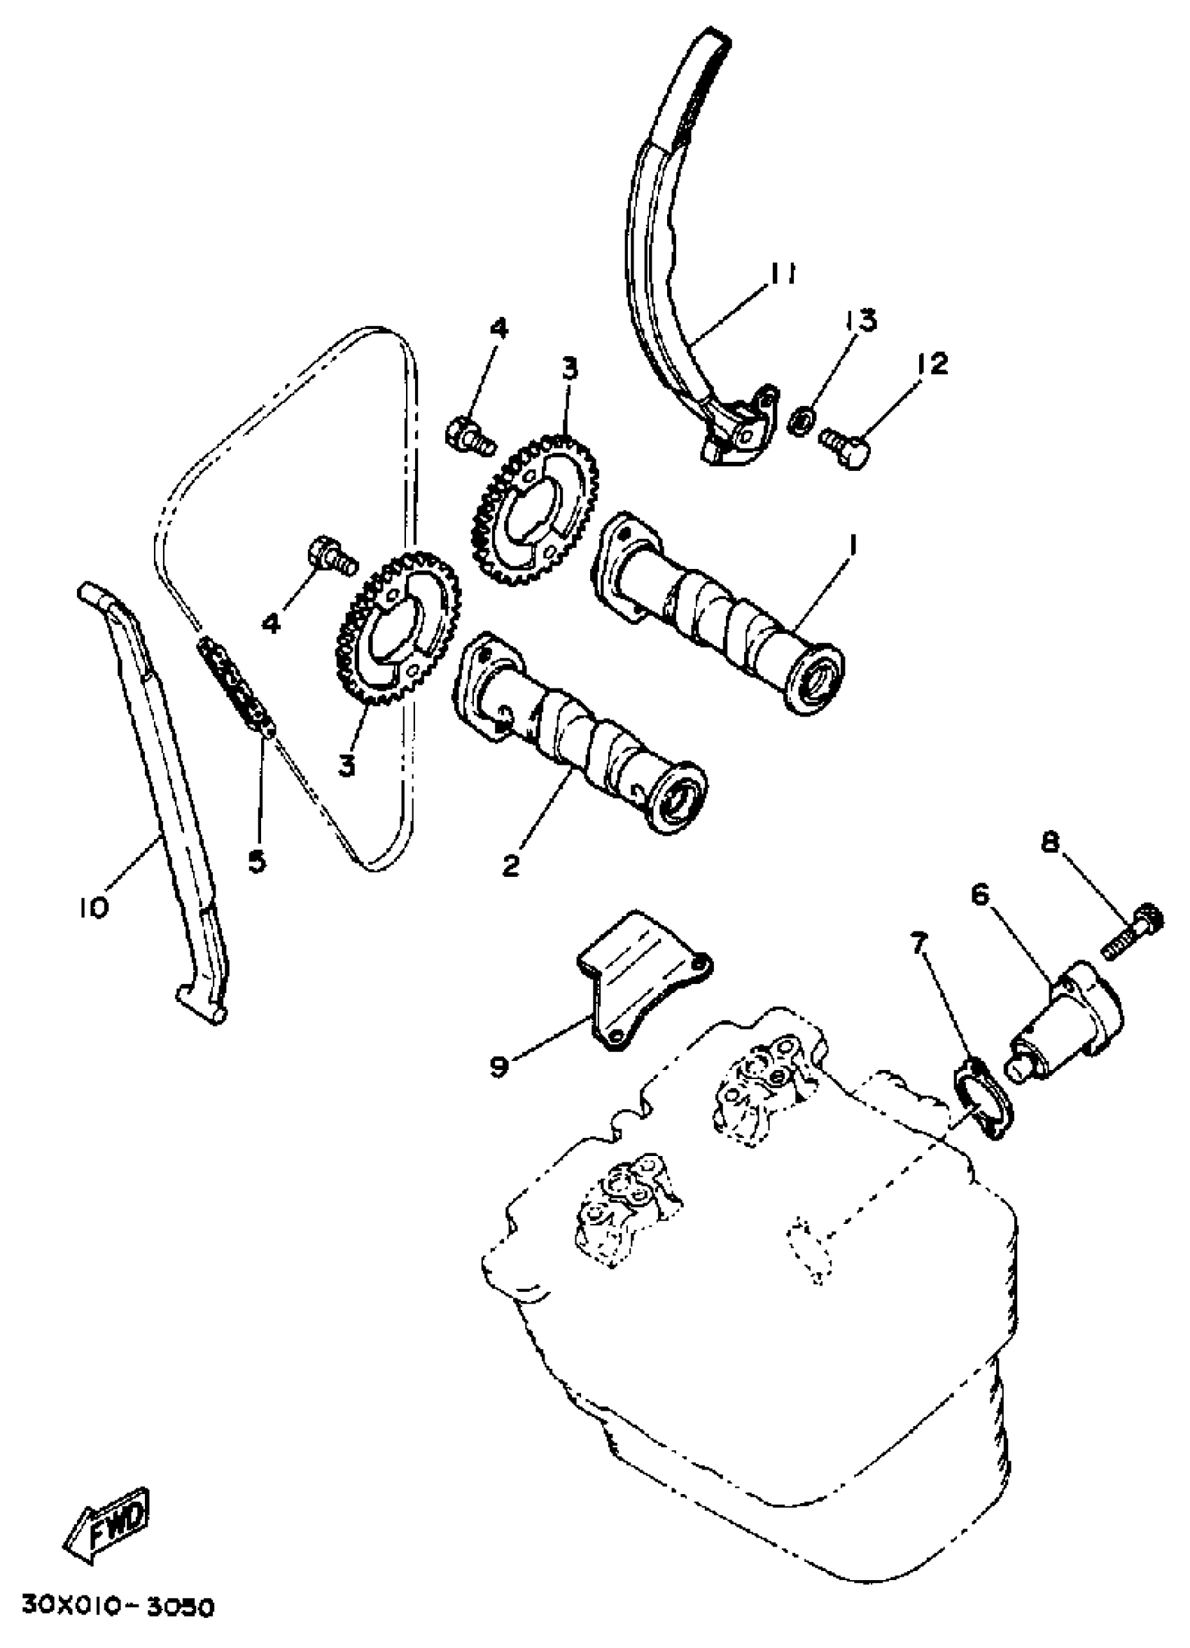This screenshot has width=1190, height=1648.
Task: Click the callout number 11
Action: (783, 274)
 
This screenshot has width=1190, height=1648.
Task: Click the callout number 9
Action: (498, 1067)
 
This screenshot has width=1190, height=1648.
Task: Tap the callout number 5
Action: (258, 863)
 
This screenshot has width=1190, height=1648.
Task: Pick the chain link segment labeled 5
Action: (239, 688)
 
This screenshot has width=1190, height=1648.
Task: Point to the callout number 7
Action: (920, 945)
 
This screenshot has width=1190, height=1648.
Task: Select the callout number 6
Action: (981, 895)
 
